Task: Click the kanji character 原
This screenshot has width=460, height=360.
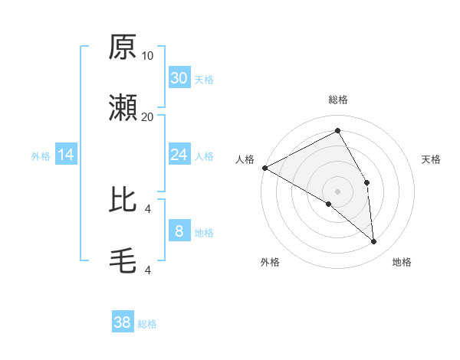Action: pos(123,48)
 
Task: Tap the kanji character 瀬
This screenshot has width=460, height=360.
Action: pos(123,109)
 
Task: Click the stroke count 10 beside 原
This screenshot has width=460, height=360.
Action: pos(148,55)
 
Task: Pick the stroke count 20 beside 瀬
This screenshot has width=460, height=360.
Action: pos(148,116)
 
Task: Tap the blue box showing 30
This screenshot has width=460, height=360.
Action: pos(179,78)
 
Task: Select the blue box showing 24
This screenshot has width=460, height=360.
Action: pos(179,155)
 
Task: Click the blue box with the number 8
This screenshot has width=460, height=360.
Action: pos(179,231)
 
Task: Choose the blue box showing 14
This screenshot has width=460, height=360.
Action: pos(66,155)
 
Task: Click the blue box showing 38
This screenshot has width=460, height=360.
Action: pos(123,323)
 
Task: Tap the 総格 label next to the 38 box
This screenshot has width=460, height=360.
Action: pos(147,324)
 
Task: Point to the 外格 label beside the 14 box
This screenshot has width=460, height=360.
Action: pos(41,156)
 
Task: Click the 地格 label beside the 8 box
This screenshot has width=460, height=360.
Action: pos(204,233)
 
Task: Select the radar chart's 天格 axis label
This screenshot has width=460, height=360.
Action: pos(432,159)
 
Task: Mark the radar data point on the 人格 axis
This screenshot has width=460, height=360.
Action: pos(264,167)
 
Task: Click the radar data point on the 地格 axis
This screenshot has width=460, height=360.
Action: pos(373,241)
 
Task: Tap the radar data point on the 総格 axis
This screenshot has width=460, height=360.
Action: pos(337,131)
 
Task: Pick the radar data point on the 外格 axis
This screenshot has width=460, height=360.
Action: pos(328,204)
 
